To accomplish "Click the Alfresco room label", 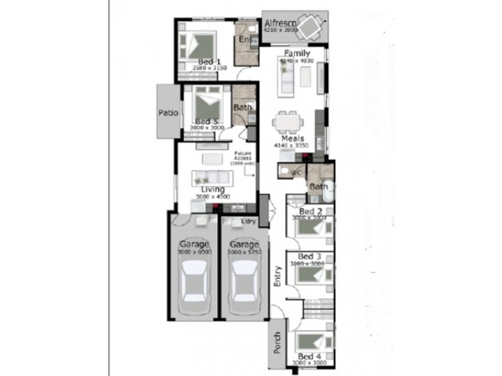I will pos(279,23).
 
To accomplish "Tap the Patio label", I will pos(168,113).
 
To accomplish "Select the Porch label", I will pos(277,342).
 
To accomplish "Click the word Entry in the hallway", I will pos(277,276).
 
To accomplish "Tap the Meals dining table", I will pos(289,121).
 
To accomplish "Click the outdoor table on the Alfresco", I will pos(310,26).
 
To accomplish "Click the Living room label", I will pos(213,189).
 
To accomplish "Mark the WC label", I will pos(297,171).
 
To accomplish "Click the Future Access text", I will pos(243,157).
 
